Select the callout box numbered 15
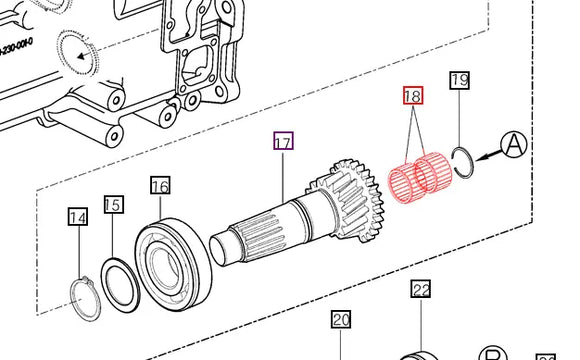tap(113, 205)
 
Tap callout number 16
tap(160, 185)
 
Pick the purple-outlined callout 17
tap(283, 142)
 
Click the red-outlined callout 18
tap(412, 97)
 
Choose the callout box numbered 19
tap(459, 80)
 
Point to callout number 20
tap(341, 320)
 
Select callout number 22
tap(421, 290)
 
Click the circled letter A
tap(514, 145)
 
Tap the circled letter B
tap(491, 354)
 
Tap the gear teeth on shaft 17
tap(330, 200)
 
